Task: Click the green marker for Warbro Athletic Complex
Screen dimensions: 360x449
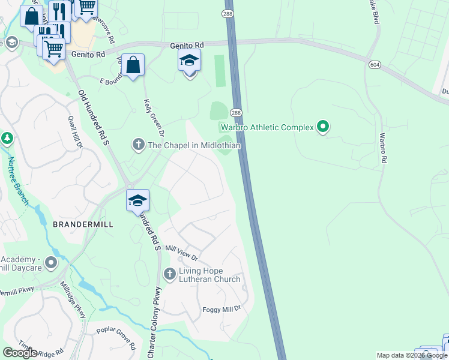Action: tap(323, 127)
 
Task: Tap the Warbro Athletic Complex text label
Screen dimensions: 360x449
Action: tap(267, 127)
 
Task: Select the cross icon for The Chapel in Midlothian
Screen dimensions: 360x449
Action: tap(138, 145)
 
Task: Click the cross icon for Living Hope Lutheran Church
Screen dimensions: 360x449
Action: tap(169, 274)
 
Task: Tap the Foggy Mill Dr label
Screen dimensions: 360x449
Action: tap(220, 308)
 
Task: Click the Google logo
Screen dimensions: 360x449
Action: tap(20, 352)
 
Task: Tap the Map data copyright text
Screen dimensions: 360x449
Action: tap(412, 355)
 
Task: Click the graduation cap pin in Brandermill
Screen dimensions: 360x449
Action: tap(137, 201)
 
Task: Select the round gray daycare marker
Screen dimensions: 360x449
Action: tap(51, 262)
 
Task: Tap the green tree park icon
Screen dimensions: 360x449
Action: tap(7, 139)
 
